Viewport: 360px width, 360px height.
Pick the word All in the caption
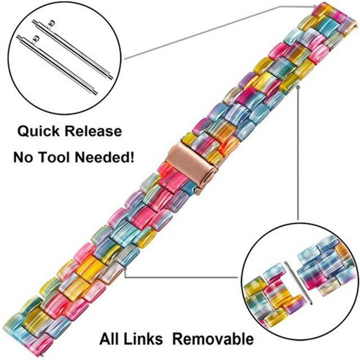(x=112, y=339)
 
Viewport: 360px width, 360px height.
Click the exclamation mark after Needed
(x=133, y=156)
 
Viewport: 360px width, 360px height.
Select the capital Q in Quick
(x=22, y=132)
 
